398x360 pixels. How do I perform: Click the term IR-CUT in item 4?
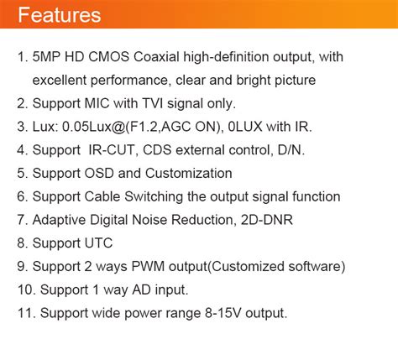pos(110,150)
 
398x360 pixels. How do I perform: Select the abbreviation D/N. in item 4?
pos(287,150)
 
